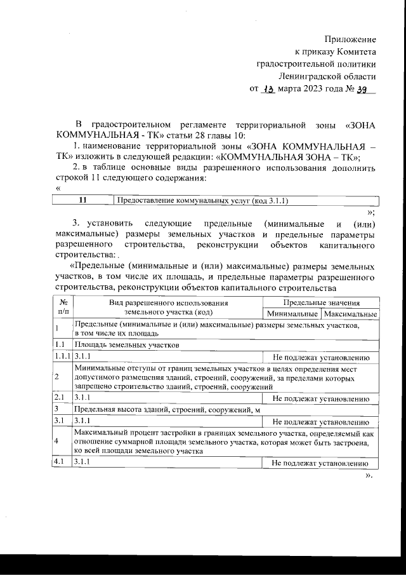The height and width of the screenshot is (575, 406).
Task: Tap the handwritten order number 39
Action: click(363, 88)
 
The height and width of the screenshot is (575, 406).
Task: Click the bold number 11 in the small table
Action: click(83, 201)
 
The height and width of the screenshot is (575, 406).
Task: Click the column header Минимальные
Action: click(292, 314)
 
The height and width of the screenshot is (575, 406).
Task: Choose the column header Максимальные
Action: click(350, 314)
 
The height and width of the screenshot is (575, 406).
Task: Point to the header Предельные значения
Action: click(321, 303)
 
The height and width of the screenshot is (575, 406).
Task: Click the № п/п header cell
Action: click(62, 308)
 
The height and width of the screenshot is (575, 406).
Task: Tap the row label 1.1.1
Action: click(62, 356)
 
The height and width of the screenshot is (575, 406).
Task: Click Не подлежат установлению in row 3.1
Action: click(321, 421)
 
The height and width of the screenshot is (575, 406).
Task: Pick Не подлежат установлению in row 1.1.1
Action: click(321, 356)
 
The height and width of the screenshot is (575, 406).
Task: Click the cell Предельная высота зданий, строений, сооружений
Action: click(159, 410)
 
